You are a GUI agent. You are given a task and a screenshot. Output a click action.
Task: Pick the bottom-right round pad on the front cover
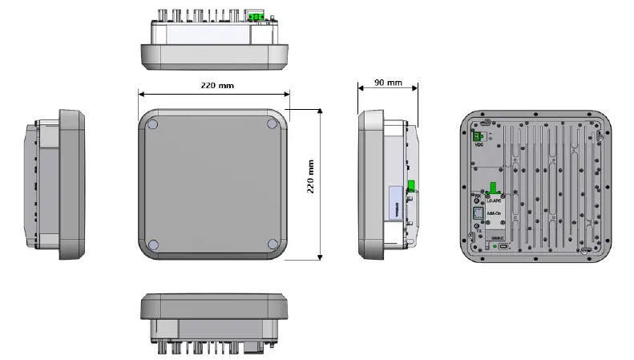pyautogui.click(x=273, y=243)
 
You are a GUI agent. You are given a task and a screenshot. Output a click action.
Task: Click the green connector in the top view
pyautogui.click(x=258, y=16)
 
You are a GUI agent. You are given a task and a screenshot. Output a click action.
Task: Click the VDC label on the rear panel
pyautogui.click(x=479, y=145)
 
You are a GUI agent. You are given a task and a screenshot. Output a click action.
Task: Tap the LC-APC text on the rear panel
pyautogui.click(x=495, y=200)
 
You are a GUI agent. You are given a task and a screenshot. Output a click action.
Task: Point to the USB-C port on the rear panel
pyautogui.click(x=503, y=248)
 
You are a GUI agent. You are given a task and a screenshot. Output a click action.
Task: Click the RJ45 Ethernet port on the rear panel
pyautogui.click(x=476, y=214)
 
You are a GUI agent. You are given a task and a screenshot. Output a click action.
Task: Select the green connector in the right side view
pyautogui.click(x=410, y=187)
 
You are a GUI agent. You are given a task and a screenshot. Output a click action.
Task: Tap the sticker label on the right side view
pyautogui.click(x=394, y=203)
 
